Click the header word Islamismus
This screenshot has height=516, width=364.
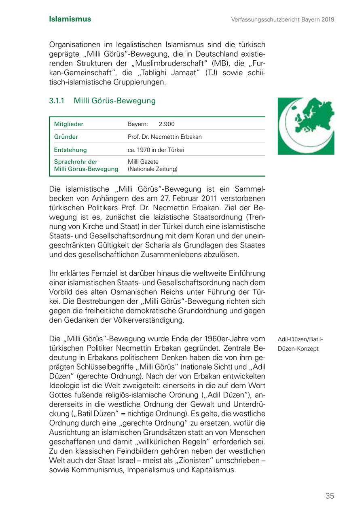tap(70, 19)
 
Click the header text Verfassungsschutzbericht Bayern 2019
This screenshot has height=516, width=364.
tap(283, 19)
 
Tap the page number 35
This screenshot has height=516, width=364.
tap(330, 496)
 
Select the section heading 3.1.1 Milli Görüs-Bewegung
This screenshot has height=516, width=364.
tap(102, 101)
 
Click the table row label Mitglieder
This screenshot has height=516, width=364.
tap(69, 124)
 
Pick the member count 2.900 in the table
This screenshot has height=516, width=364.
tap(167, 124)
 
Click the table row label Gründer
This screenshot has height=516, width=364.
tap(66, 137)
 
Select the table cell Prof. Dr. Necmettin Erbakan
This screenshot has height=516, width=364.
tap(165, 137)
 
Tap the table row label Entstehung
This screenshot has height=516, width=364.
tap(70, 150)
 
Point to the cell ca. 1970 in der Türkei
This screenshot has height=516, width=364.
tap(156, 150)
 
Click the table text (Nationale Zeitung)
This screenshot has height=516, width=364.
tap(152, 169)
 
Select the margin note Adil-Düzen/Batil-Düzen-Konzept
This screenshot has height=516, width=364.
tap(300, 344)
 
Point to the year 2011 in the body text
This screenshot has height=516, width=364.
tap(210, 198)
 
